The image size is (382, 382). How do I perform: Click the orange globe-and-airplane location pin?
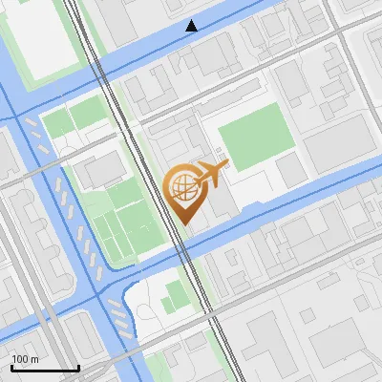click(x=185, y=191)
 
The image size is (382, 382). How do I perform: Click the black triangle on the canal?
click(x=192, y=26)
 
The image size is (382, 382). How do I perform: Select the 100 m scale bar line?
click(x=45, y=368)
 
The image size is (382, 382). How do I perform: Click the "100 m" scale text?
click(x=26, y=359)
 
